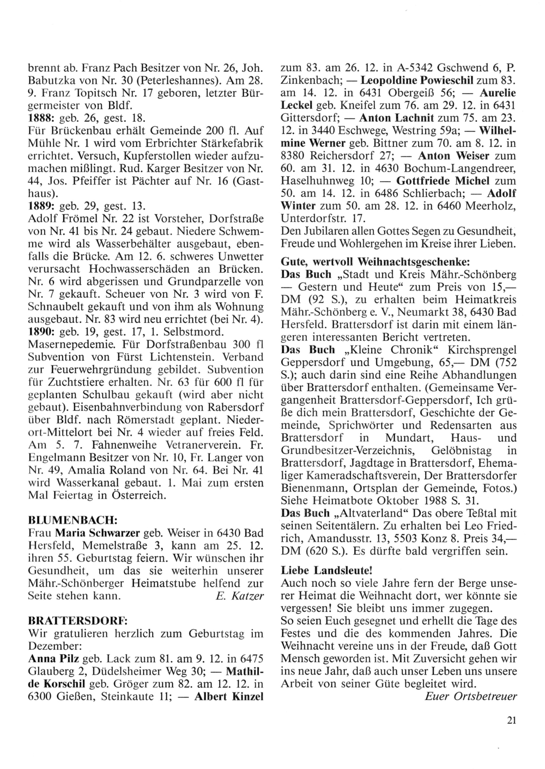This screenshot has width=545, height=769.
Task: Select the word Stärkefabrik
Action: (x=232, y=144)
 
